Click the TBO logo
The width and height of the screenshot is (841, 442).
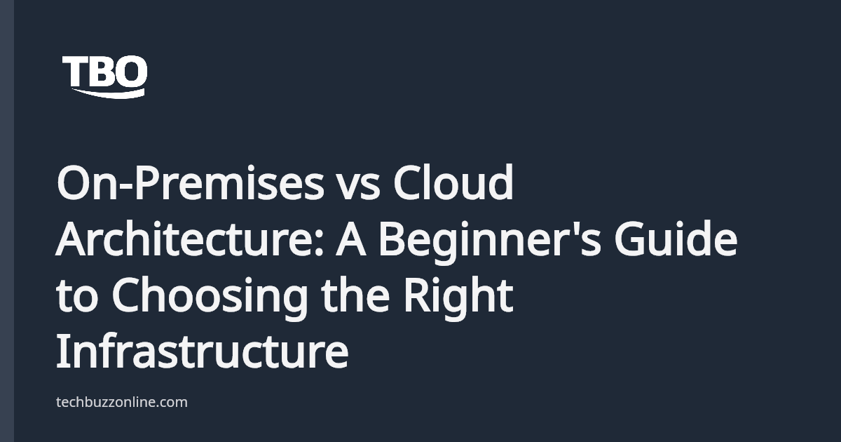(x=105, y=76)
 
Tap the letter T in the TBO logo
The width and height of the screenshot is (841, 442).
(x=74, y=72)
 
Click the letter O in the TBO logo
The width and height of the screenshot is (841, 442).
(x=132, y=72)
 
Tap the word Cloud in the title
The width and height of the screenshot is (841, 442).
(x=453, y=185)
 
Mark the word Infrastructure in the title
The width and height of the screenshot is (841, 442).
(x=202, y=351)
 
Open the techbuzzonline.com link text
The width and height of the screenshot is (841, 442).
(x=121, y=402)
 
